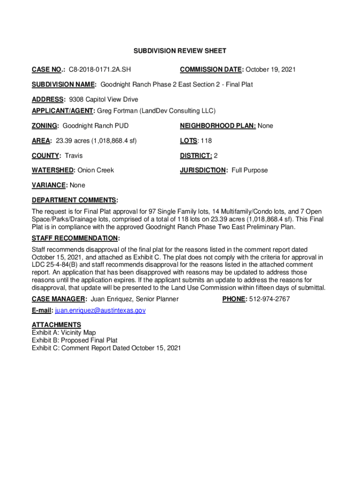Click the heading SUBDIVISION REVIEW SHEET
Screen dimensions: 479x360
click(x=180, y=51)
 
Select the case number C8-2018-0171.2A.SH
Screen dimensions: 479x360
click(x=100, y=70)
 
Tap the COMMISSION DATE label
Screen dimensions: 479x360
click(x=212, y=70)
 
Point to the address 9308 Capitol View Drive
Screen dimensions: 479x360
click(x=103, y=100)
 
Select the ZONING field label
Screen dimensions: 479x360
click(x=45, y=126)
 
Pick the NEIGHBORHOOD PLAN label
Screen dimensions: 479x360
click(x=217, y=126)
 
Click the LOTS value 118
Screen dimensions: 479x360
click(x=206, y=140)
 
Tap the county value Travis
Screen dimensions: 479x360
click(x=73, y=155)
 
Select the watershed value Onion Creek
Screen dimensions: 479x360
click(x=96, y=170)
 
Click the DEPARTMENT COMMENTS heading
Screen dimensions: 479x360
click(x=74, y=200)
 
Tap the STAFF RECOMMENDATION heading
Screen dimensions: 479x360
click(x=75, y=239)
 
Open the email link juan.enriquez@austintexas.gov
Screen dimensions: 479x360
click(x=101, y=310)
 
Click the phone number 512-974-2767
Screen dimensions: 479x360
click(x=269, y=299)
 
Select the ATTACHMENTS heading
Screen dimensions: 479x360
click(x=56, y=325)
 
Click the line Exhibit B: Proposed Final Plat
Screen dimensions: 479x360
click(x=74, y=340)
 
